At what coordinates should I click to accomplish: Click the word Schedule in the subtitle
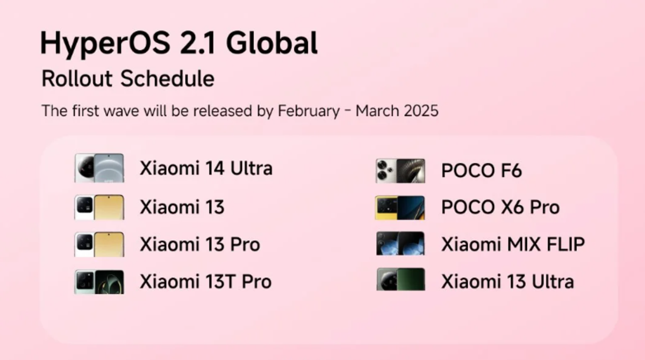coord(167,79)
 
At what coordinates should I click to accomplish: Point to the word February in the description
coord(309,111)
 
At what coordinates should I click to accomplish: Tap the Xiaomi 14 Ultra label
coord(206,169)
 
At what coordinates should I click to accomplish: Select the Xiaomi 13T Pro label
coord(205,282)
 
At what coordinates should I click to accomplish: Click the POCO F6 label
coord(481,171)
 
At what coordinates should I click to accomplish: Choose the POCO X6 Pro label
coord(500,207)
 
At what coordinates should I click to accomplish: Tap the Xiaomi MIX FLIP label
coord(513,244)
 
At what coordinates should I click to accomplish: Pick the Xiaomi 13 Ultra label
coord(507,282)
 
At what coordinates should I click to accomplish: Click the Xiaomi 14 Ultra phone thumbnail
coord(99,168)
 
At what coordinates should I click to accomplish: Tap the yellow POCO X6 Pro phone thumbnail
coord(400,207)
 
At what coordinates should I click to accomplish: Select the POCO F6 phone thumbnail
coord(400,171)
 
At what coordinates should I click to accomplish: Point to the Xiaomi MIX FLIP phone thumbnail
coord(400,244)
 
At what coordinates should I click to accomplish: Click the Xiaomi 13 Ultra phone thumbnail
coord(400,280)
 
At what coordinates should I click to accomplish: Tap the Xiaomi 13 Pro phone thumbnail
coord(99,244)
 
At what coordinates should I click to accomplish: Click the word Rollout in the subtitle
coord(77,79)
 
